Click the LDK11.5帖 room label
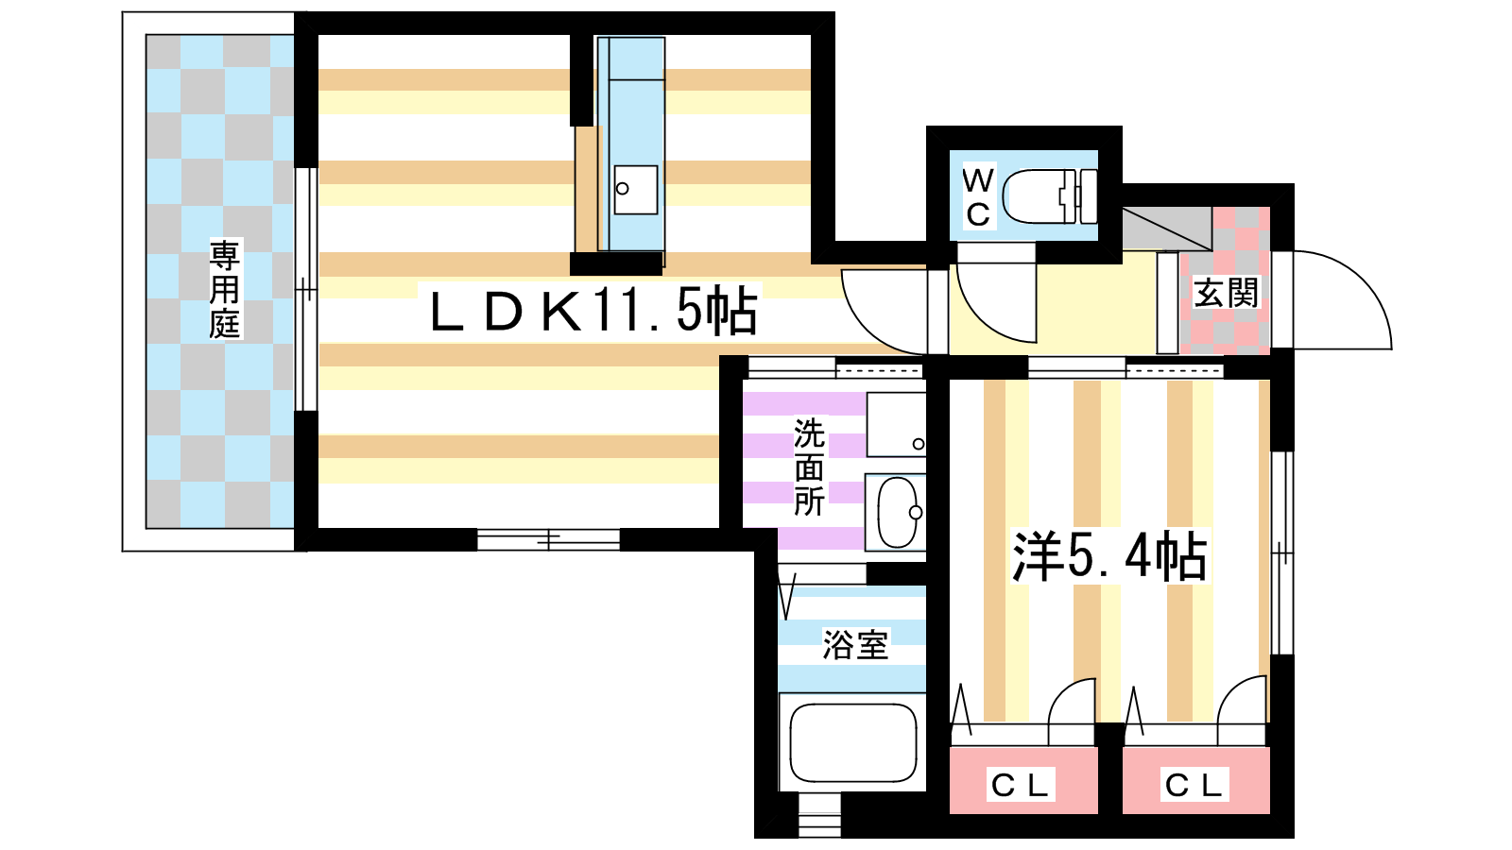pyautogui.click(x=593, y=311)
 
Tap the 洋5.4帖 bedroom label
pyautogui.click(x=1109, y=556)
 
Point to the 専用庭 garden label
pyautogui.click(x=225, y=289)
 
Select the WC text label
pyautogui.click(x=978, y=196)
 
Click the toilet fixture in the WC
pyautogui.click(x=1049, y=196)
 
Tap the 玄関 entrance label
pyautogui.click(x=1226, y=293)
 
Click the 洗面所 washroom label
pyautogui.click(x=809, y=467)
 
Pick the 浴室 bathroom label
pyautogui.click(x=855, y=645)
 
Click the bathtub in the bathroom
pyautogui.click(x=852, y=741)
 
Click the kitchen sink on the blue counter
pyautogui.click(x=635, y=190)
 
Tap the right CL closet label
pyautogui.click(x=1194, y=784)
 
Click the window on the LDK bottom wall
pyautogui.click(x=548, y=540)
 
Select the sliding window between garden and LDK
pyautogui.click(x=305, y=289)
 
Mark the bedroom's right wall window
pyautogui.click(x=1281, y=553)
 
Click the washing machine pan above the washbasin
pyautogui.click(x=895, y=425)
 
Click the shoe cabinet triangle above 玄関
pyautogui.click(x=1167, y=228)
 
